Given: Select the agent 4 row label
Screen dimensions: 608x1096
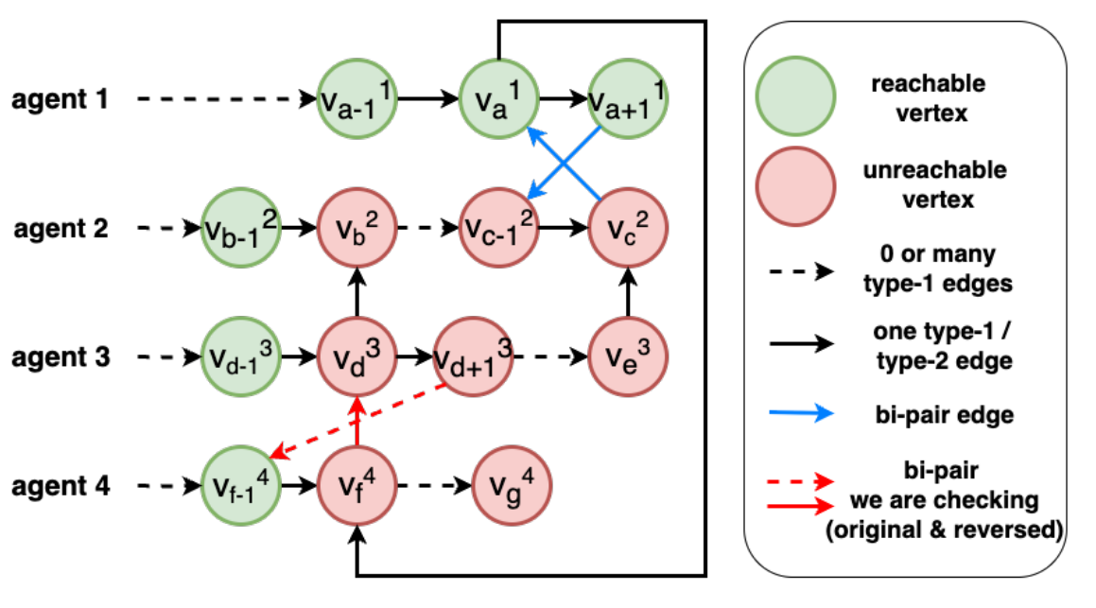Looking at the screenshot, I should (x=60, y=487).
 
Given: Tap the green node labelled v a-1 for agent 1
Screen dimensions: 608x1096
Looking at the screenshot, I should (x=357, y=98).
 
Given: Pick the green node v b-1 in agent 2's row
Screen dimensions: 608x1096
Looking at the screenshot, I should (x=243, y=229).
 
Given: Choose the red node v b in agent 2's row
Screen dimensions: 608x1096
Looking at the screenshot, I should (x=357, y=229).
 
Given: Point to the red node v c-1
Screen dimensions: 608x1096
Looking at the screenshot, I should (x=498, y=229).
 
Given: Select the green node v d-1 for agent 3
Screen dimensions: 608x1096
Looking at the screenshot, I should (x=243, y=357).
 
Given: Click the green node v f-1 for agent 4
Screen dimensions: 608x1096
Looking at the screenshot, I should (x=243, y=487).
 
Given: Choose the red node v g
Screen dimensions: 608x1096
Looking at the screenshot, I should (x=511, y=487).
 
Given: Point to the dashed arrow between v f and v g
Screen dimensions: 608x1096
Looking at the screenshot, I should (x=434, y=487).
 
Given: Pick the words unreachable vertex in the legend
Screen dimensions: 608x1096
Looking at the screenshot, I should (x=935, y=184).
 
